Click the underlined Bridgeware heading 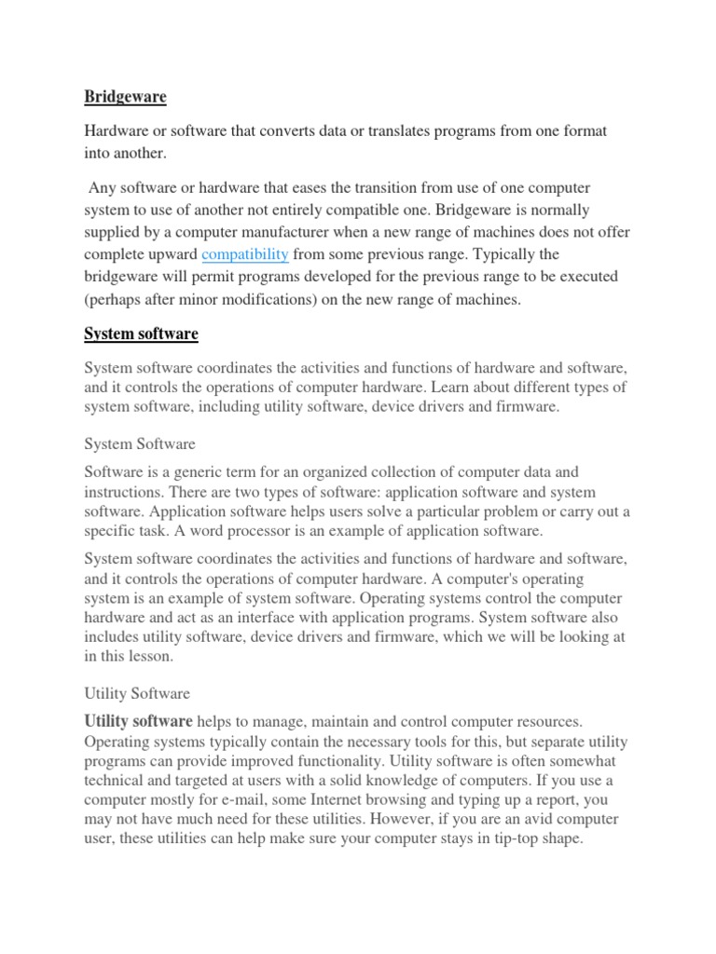tap(126, 96)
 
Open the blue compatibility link tap(245, 254)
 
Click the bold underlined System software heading tap(141, 334)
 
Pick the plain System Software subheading tap(140, 444)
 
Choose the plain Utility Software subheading tap(137, 693)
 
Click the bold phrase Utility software tap(138, 721)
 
